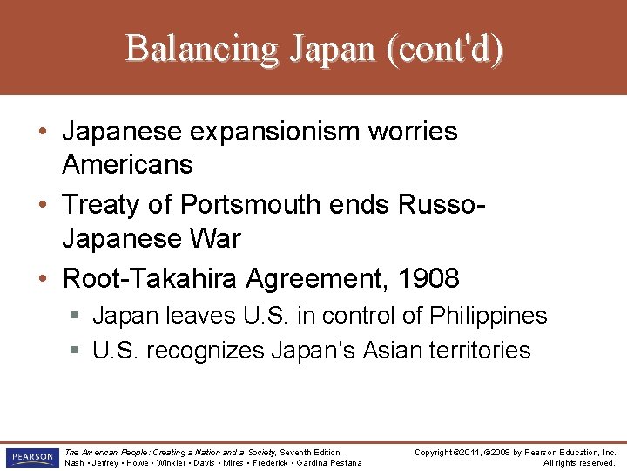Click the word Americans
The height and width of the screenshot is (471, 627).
127,164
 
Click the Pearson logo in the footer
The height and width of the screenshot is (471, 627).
30,457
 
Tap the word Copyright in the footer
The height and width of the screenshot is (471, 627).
434,453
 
